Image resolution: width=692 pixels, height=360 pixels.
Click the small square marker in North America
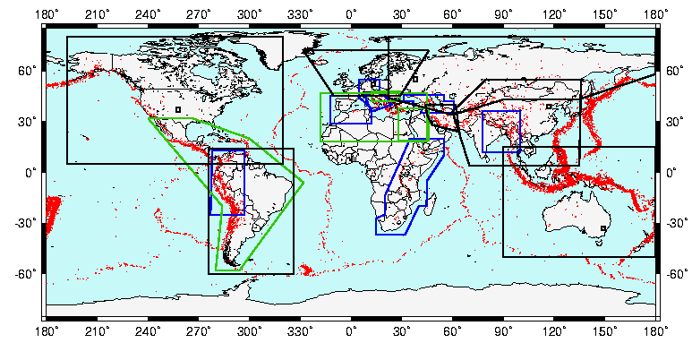coord(178,109)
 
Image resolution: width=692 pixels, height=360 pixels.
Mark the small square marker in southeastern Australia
coord(603,228)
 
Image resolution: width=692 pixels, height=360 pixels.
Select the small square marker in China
coord(549,107)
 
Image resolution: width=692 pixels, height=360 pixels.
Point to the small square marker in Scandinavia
coord(415,79)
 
